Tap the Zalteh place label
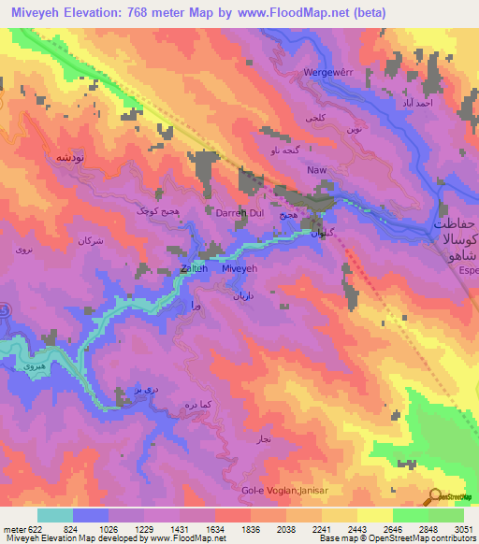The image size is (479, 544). click(x=195, y=268)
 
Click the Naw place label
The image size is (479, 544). click(x=316, y=171)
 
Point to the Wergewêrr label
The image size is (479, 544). click(x=327, y=72)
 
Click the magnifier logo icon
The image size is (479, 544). click(x=436, y=496)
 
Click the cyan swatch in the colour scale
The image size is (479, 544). click(x=54, y=515)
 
